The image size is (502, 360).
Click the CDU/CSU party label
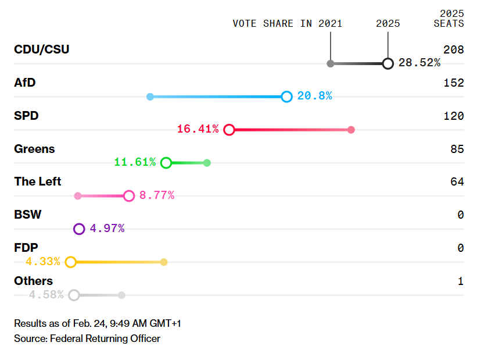tap(41, 49)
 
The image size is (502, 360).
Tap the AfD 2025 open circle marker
tap(286, 97)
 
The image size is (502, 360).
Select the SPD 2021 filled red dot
tap(351, 130)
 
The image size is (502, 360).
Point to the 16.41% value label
tap(198, 129)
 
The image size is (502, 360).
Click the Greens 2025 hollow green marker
tap(166, 163)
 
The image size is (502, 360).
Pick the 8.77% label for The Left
tap(157, 195)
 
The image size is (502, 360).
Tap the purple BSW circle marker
tap(79, 229)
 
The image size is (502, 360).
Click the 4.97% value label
tap(107, 229)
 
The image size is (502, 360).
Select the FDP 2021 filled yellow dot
tap(164, 262)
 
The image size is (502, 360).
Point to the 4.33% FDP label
tap(42, 262)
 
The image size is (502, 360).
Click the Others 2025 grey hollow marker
tap(74, 295)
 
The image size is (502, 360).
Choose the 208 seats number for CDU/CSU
tap(453, 50)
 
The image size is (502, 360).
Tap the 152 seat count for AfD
tap(453, 83)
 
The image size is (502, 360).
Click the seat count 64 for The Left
tap(457, 182)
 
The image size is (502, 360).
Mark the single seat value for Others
tap(460, 281)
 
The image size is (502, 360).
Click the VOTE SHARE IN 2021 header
tap(287, 24)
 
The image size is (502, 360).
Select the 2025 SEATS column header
tap(449, 19)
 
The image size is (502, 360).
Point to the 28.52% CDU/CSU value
tap(419, 63)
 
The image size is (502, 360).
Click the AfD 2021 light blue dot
tap(150, 97)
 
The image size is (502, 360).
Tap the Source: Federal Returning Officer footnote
tap(87, 338)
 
